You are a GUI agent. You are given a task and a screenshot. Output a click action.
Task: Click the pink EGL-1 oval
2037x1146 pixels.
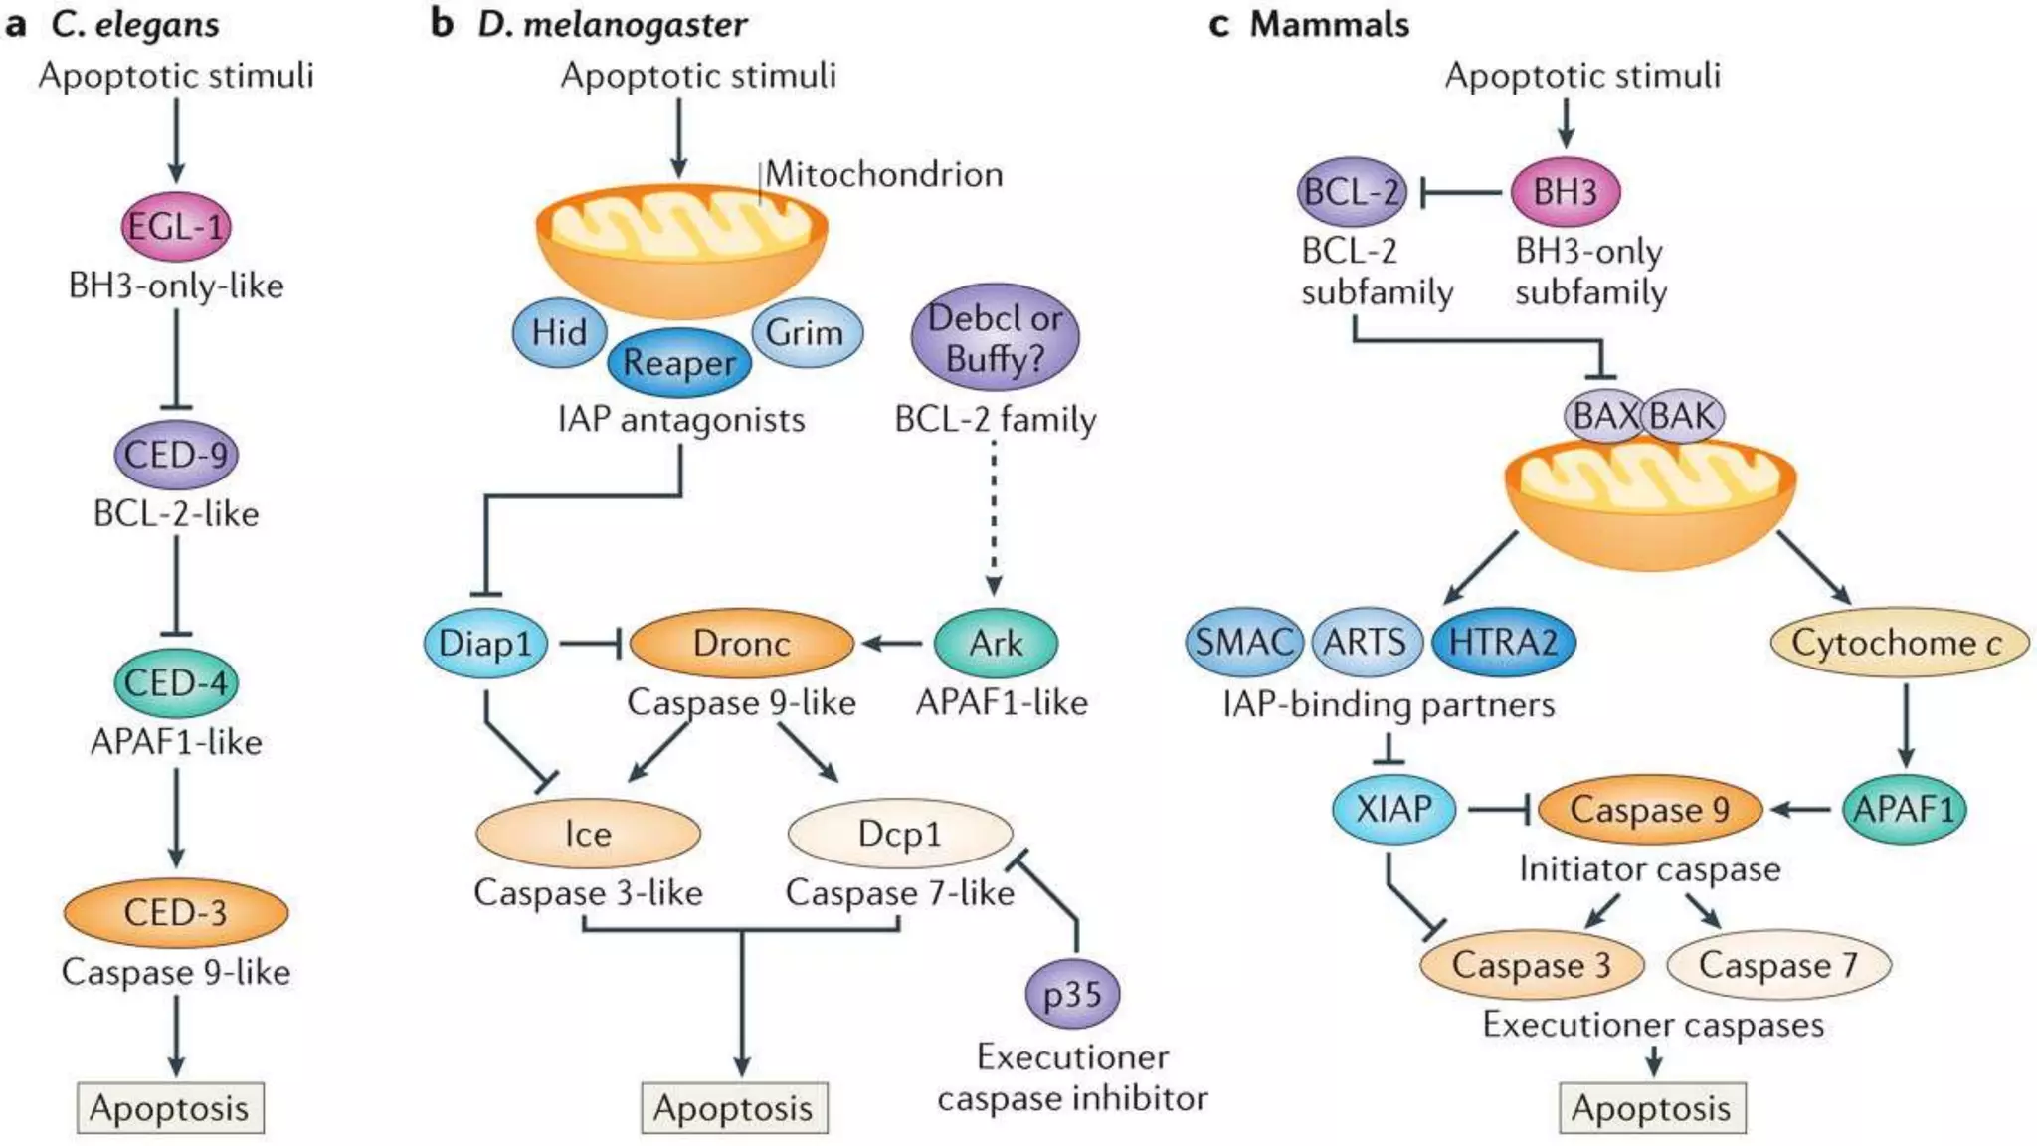[x=176, y=226]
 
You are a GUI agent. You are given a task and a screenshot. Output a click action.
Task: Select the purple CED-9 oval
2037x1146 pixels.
[x=176, y=455]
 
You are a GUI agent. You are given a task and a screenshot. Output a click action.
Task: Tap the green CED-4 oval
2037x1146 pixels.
[x=176, y=682]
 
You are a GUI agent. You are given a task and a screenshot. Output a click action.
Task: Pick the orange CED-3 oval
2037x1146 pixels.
[x=176, y=912]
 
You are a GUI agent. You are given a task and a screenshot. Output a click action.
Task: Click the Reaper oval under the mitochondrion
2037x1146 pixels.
[x=679, y=363]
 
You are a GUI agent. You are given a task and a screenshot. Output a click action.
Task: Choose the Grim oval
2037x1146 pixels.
[x=806, y=332]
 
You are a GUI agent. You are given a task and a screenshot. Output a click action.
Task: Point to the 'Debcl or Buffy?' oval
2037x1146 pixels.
[x=995, y=337]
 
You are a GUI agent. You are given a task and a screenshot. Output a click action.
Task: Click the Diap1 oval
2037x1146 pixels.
[x=485, y=643]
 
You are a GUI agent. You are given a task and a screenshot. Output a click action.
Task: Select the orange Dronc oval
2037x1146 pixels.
[x=742, y=643]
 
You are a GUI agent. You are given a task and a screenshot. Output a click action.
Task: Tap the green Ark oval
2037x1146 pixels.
[x=996, y=643]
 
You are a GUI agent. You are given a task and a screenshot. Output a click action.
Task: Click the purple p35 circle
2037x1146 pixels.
[x=1072, y=993]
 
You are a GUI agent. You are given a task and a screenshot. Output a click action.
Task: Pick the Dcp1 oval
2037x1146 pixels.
[x=899, y=834]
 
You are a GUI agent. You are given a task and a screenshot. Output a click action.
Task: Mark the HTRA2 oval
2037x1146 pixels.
[x=1503, y=642]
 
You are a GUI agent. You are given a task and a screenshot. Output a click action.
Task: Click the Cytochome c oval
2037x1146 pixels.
[x=1898, y=643]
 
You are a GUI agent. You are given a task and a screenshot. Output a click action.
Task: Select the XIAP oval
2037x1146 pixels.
[x=1393, y=809]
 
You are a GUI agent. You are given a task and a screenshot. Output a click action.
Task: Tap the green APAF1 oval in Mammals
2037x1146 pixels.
[x=1904, y=809]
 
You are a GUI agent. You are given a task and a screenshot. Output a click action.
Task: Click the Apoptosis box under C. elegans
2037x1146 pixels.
[x=170, y=1108]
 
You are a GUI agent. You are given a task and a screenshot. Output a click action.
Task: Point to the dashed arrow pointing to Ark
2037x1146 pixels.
[x=994, y=517]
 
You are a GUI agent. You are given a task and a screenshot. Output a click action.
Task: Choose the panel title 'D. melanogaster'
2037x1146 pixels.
[x=612, y=24]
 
